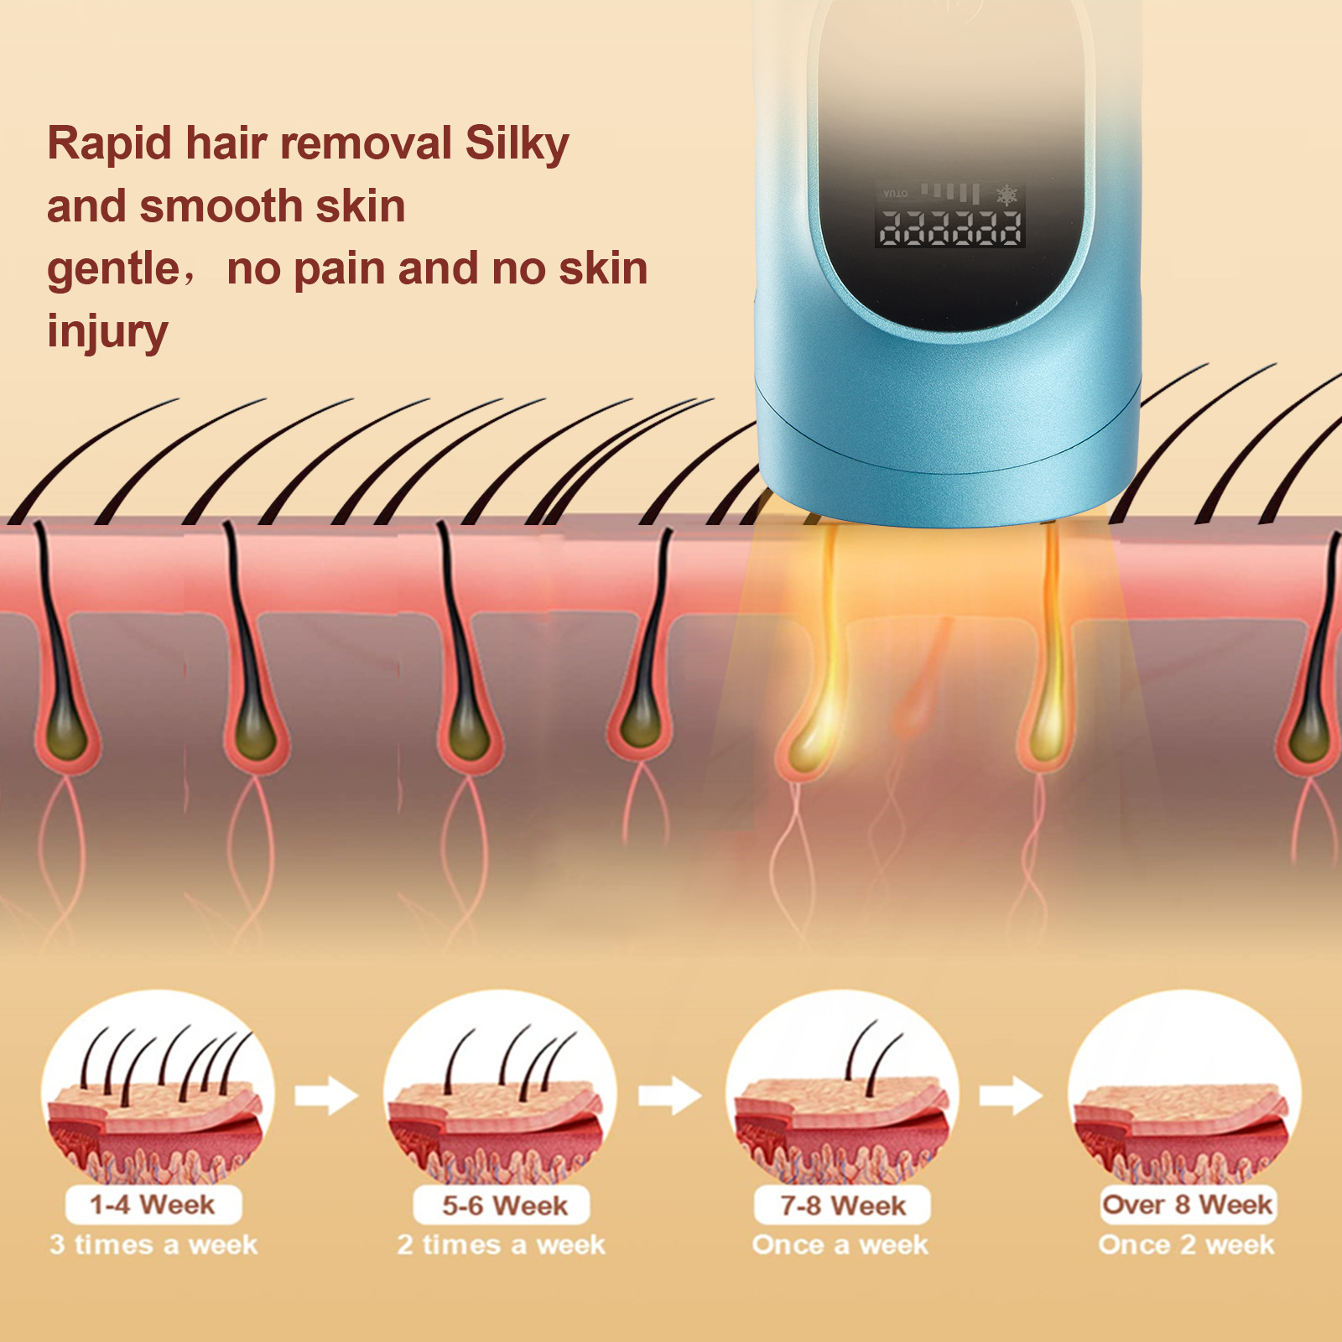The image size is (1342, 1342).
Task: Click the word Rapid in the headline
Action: tap(109, 144)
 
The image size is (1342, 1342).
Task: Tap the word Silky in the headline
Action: tap(517, 144)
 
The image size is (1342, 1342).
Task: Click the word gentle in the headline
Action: tap(113, 270)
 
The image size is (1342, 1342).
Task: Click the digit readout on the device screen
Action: tap(950, 227)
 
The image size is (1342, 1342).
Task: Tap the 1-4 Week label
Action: tap(153, 1205)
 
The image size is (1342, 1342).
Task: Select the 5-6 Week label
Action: tap(504, 1206)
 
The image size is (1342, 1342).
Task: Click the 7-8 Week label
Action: tap(843, 1206)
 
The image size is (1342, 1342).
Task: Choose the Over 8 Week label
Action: tap(1186, 1204)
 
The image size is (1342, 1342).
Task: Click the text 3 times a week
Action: tap(153, 1245)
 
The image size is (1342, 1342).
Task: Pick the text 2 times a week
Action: tap(501, 1245)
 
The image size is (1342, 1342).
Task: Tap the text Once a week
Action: tap(840, 1245)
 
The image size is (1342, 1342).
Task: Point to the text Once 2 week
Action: tap(1186, 1245)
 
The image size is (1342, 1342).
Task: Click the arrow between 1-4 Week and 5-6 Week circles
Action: tap(326, 1095)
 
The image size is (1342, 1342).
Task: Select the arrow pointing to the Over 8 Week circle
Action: tap(1011, 1095)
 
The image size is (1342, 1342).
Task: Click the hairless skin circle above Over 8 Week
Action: tap(1183, 1090)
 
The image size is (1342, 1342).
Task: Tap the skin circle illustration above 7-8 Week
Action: tap(841, 1090)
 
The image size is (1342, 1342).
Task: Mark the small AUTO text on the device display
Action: tap(895, 194)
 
